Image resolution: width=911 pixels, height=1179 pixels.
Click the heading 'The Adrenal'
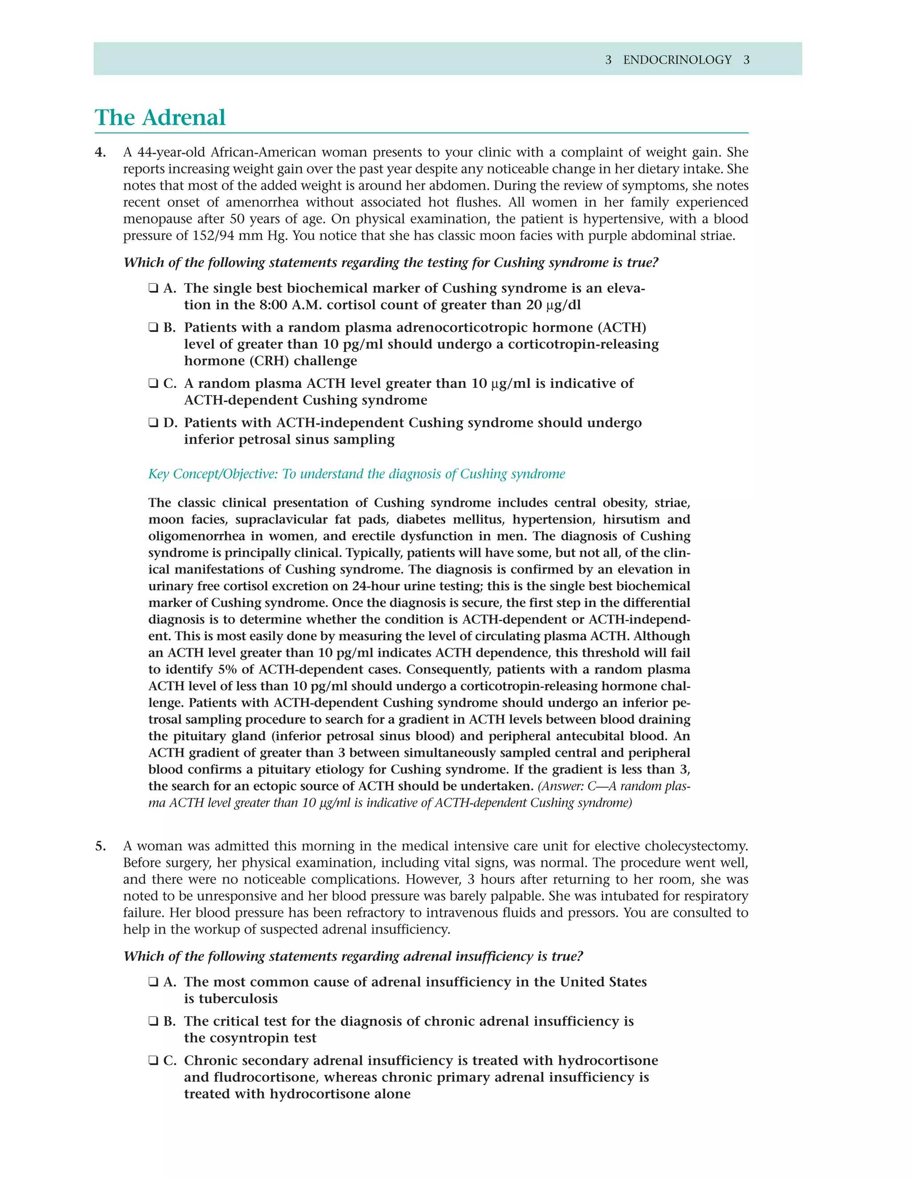(160, 118)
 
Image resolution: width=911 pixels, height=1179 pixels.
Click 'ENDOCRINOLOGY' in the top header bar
(677, 60)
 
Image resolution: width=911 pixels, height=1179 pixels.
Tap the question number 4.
(101, 153)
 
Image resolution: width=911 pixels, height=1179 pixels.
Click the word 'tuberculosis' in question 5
(230, 999)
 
